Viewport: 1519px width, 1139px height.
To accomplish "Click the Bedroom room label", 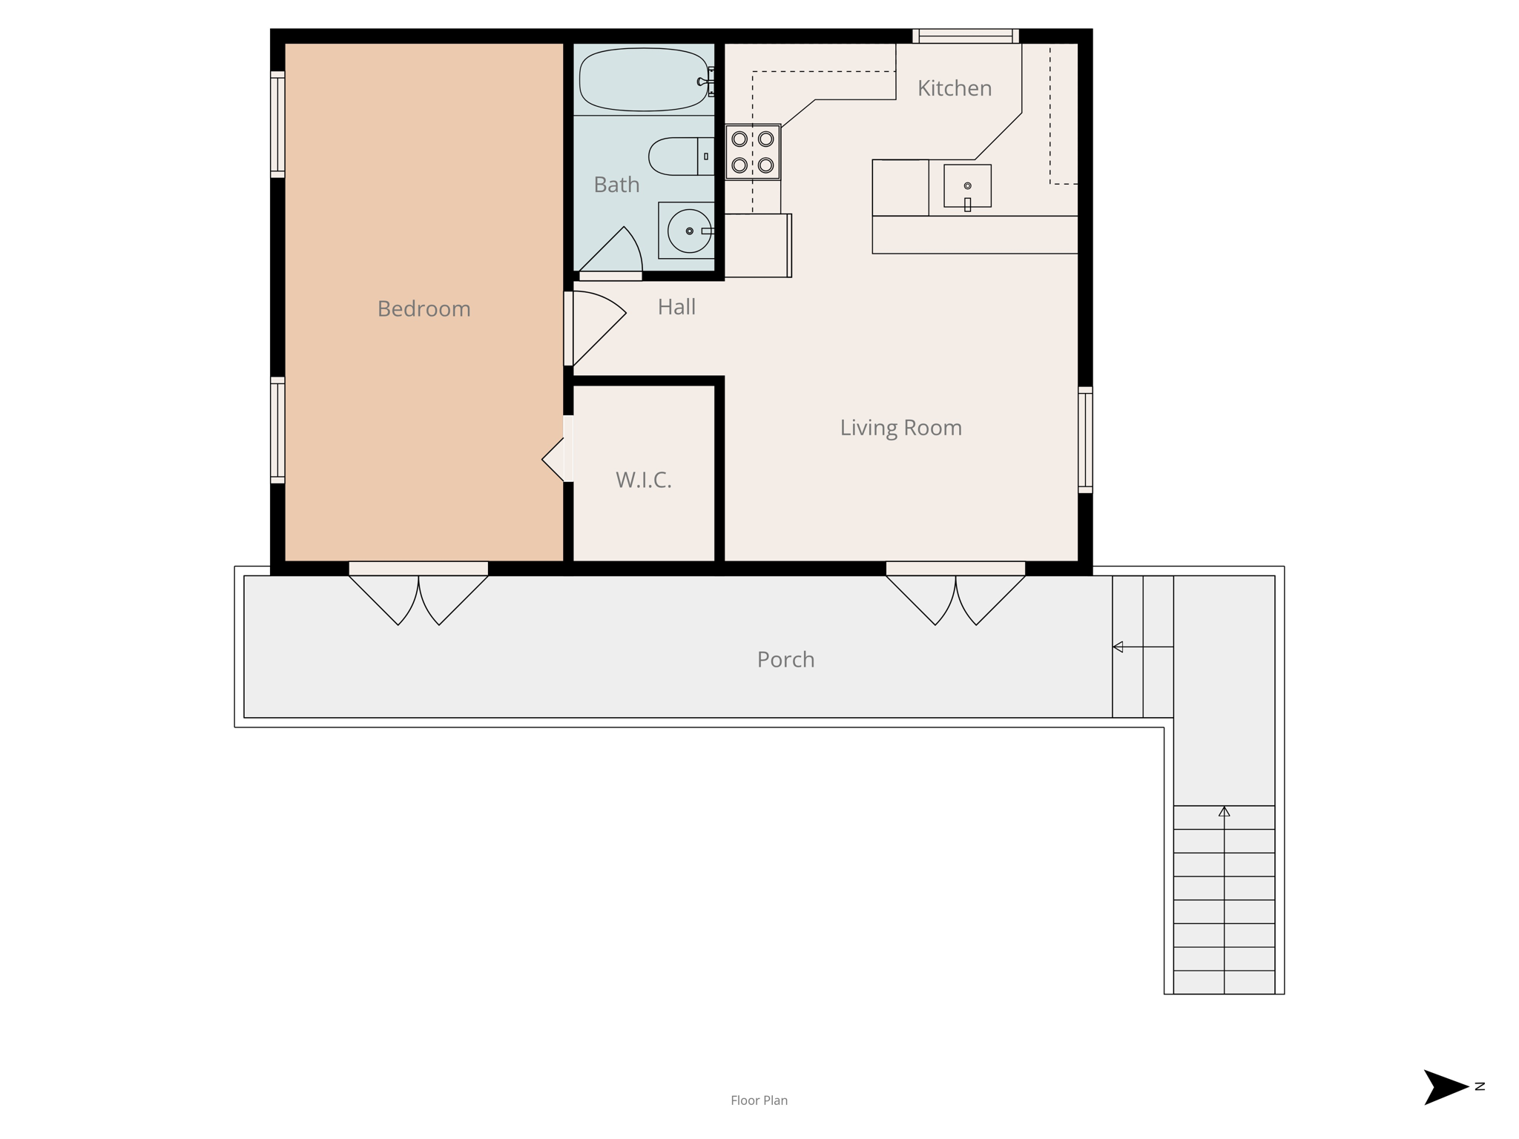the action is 424,308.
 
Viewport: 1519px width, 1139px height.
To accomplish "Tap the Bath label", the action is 616,185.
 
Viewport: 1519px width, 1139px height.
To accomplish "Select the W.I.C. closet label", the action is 644,480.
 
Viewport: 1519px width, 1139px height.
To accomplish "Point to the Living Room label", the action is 900,428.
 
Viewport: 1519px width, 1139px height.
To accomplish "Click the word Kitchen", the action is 955,88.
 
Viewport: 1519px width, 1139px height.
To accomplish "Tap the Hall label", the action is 676,307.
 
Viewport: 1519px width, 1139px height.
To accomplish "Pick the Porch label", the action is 785,659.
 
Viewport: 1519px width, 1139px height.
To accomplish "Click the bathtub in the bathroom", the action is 644,80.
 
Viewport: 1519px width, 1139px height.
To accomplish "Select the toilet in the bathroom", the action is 681,156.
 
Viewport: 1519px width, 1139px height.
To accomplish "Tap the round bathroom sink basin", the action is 689,231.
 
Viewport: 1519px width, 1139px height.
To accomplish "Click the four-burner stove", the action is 753,152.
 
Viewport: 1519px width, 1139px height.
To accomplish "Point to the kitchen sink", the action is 967,186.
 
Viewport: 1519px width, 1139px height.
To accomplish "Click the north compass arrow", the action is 1446,1087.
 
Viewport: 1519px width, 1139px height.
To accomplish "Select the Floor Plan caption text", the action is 759,1100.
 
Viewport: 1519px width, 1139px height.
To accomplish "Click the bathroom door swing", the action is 610,252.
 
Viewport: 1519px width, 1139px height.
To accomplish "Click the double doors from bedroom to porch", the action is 418,594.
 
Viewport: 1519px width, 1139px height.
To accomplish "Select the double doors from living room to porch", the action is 955,594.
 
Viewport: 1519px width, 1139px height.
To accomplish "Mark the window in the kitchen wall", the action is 966,36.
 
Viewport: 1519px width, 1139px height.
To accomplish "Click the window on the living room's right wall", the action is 1085,440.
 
